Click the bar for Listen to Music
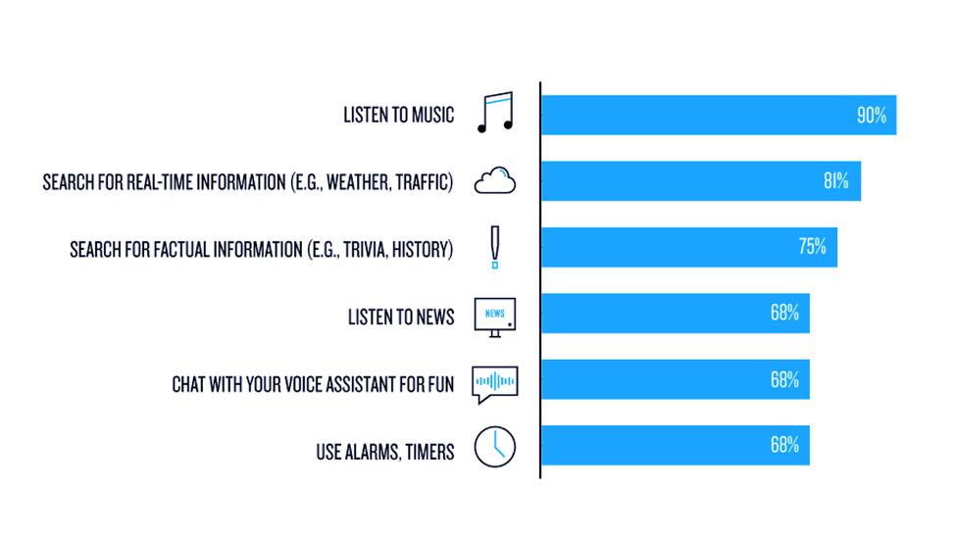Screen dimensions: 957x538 coord(719,115)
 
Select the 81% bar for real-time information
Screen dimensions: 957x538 coord(701,181)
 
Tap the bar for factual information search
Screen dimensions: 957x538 coord(689,247)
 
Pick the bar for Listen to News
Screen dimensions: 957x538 coord(675,313)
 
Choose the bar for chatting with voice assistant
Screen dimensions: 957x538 coord(675,379)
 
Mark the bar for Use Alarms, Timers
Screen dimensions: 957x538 coord(675,445)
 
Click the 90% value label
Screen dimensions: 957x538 coord(872,116)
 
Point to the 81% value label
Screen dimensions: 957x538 coord(836,181)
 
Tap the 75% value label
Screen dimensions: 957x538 coord(812,246)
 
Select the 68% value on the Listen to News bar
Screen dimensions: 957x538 coord(784,313)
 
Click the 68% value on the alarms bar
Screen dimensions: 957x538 coord(784,445)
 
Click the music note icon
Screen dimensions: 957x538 coord(495,113)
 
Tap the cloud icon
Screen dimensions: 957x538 coord(495,180)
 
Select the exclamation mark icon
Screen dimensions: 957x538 coord(495,247)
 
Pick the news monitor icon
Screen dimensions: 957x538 coord(495,318)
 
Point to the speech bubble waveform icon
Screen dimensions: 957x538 coord(495,384)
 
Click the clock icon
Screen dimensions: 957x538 coord(495,447)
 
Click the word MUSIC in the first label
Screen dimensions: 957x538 coord(432,116)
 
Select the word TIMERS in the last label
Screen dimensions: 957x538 coord(429,453)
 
